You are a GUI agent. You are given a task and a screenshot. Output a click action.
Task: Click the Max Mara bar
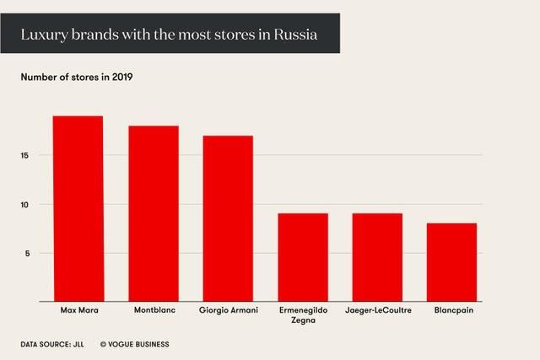click(x=78, y=208)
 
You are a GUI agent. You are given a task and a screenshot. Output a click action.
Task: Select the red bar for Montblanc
click(x=154, y=213)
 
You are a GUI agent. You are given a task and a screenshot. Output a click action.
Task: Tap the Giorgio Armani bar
click(x=228, y=218)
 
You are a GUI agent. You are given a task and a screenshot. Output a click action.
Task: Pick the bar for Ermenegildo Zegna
click(x=303, y=257)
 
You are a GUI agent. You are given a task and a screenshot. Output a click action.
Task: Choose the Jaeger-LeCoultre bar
click(x=378, y=257)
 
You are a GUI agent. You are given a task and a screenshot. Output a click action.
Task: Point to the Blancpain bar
click(x=452, y=262)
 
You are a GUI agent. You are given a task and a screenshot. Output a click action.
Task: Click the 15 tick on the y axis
click(x=25, y=155)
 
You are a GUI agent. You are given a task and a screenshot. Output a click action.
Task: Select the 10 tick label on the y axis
click(x=25, y=204)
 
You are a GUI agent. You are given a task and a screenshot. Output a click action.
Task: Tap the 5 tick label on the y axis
click(x=27, y=253)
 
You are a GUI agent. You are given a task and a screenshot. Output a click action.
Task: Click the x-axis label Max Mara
click(x=78, y=310)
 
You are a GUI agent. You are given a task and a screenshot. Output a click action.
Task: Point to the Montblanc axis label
click(x=154, y=310)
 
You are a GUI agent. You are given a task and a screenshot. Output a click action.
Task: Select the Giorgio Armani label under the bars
click(x=228, y=310)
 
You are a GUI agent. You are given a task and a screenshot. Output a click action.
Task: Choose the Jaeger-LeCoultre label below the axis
click(x=378, y=310)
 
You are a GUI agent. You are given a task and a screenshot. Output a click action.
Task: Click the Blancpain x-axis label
click(x=452, y=310)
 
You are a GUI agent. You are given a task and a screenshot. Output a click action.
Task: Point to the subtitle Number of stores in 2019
click(x=77, y=78)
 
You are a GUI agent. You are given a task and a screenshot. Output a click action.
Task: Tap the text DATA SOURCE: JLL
click(x=52, y=344)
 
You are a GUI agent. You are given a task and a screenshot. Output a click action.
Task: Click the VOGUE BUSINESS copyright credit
click(x=135, y=344)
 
